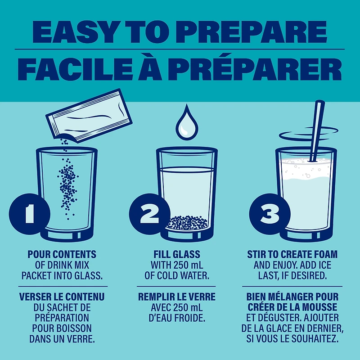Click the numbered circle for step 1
tap(29, 214)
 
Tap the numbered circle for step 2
tap(149, 214)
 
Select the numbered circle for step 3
tap(270, 214)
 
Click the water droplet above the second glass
tap(187, 123)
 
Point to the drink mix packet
tap(89, 116)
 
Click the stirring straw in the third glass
tap(317, 131)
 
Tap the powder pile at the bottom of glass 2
tap(188, 222)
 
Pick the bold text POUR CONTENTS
tap(62, 254)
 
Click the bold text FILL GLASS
tap(177, 254)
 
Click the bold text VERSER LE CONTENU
tap(62, 297)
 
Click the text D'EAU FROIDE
tap(177, 318)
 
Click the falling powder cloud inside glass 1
tap(68, 186)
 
